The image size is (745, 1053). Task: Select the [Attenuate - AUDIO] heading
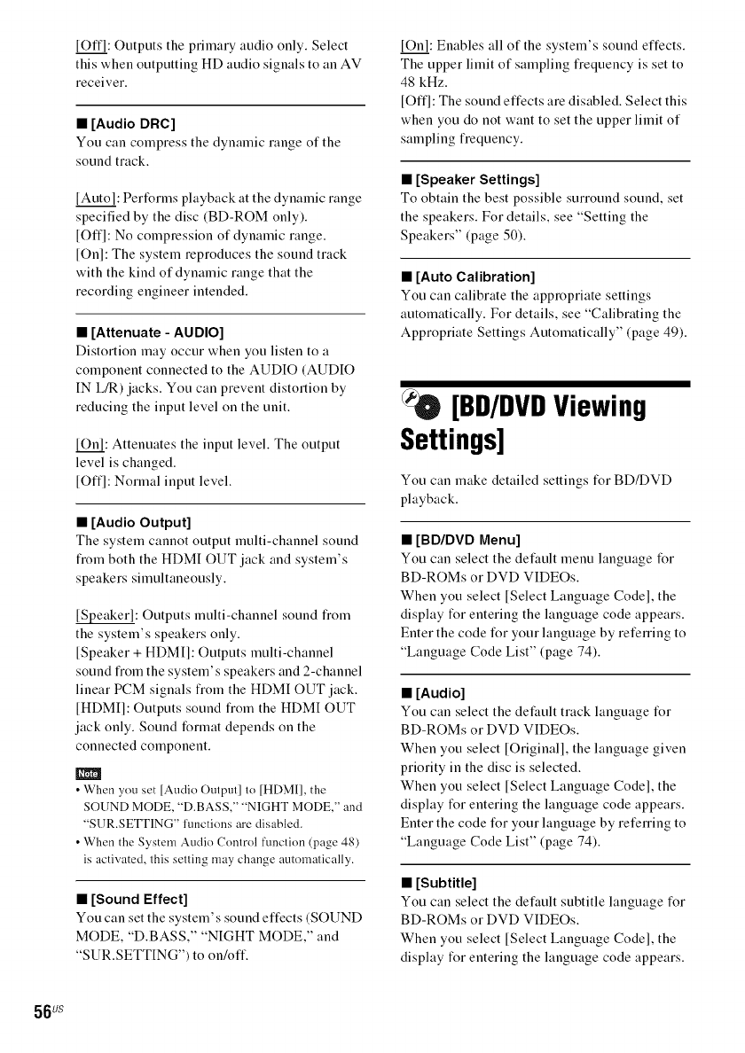pyautogui.click(x=155, y=333)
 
